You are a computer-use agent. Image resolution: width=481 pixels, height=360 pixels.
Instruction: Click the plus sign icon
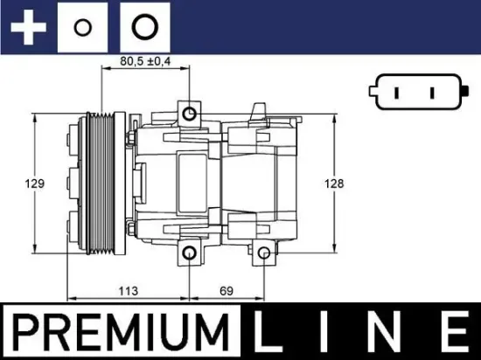click(x=27, y=26)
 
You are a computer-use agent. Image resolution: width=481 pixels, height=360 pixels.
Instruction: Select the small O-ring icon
click(x=83, y=27)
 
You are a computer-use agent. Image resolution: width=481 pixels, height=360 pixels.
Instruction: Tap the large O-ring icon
click(x=143, y=26)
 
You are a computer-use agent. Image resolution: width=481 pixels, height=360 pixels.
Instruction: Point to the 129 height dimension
click(x=35, y=183)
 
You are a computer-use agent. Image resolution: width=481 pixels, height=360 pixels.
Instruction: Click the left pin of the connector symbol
click(x=394, y=92)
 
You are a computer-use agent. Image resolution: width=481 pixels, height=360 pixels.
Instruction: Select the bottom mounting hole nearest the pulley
click(x=191, y=253)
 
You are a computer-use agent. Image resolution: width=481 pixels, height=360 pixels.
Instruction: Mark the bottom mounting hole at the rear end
click(x=264, y=253)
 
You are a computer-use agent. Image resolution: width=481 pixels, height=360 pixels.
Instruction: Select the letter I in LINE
click(x=337, y=334)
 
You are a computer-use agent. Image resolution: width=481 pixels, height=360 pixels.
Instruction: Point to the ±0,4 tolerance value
click(x=158, y=61)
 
